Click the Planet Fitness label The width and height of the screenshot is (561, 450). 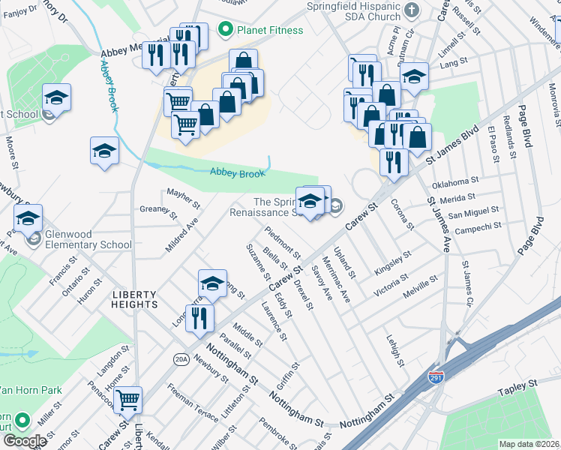point(270,31)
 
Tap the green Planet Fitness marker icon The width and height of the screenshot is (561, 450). point(223,30)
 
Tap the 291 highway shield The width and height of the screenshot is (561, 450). point(436,377)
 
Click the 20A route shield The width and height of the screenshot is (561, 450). point(180,359)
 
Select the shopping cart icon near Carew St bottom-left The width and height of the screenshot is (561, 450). point(128,400)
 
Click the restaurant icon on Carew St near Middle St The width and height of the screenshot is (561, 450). point(199,318)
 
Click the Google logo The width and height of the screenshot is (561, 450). point(25,441)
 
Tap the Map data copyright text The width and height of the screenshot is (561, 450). point(529,444)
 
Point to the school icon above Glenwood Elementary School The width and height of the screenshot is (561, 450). point(28,218)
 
